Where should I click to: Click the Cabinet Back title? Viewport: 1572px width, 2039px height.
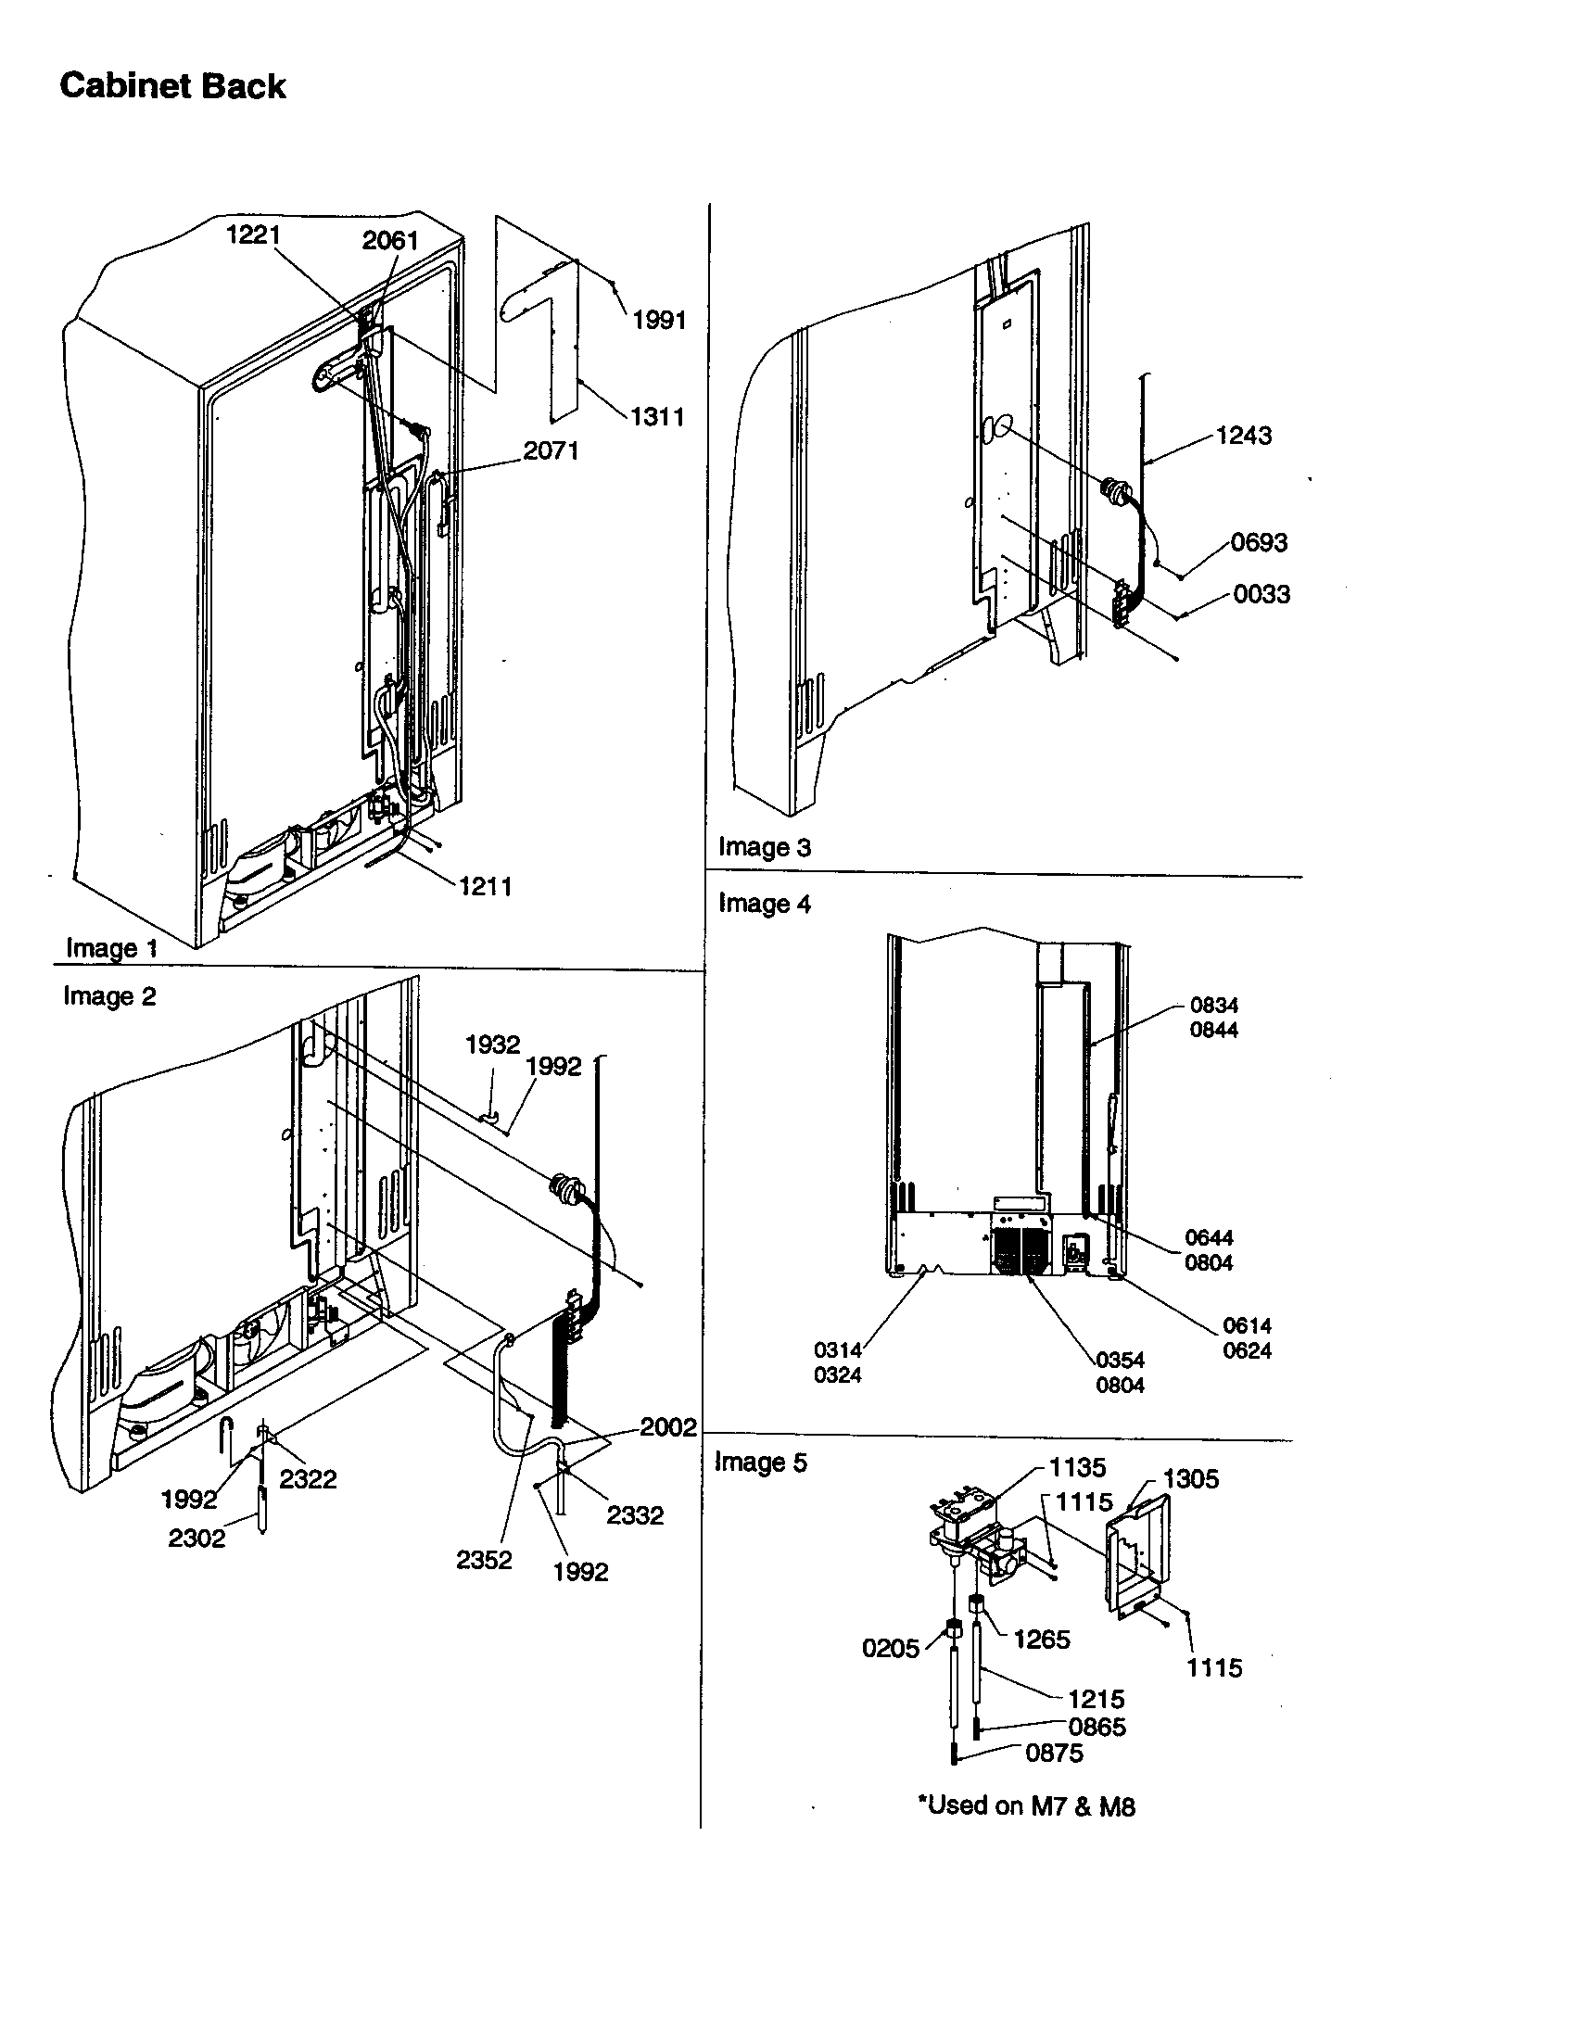pos(172,86)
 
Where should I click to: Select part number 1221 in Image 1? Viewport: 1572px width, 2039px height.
pos(253,234)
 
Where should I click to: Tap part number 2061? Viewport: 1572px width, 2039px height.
pos(390,240)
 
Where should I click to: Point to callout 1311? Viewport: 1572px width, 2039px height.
pos(657,416)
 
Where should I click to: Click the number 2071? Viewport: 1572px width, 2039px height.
pos(551,451)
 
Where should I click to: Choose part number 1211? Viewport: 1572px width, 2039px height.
pos(485,886)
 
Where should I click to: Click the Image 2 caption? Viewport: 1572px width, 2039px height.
pos(109,996)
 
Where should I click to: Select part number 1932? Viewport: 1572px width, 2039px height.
pos(492,1044)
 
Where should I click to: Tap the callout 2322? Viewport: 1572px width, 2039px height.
pos(307,1479)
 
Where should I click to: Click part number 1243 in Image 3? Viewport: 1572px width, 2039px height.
pos(1243,435)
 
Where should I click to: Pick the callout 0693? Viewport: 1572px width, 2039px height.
pos(1259,542)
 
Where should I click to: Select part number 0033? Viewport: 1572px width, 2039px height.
pos(1261,594)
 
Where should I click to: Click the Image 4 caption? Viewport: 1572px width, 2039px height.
pos(765,904)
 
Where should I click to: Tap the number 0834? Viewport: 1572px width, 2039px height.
pos(1213,1006)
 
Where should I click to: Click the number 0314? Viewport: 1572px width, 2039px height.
pos(837,1350)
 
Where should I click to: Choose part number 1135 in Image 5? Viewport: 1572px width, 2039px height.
pos(1077,1468)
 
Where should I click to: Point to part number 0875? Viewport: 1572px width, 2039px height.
pos(1054,1753)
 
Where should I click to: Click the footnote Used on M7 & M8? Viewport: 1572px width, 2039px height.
pos(1026,1805)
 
